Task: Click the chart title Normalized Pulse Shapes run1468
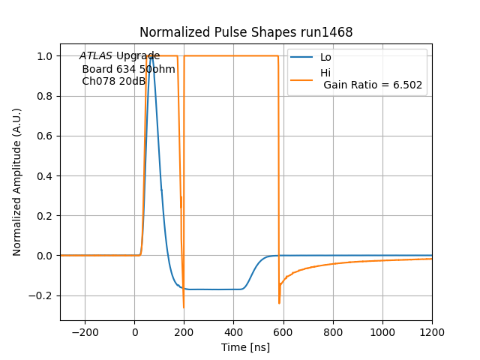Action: [246, 32]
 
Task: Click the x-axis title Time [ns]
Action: [245, 347]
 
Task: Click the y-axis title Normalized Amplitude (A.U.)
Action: [17, 181]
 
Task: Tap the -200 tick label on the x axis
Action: [85, 332]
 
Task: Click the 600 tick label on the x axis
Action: [283, 332]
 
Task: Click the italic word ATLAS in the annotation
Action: [96, 56]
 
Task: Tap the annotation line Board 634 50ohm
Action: [128, 69]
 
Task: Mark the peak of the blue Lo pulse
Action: [151, 56]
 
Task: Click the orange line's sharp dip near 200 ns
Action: [183, 307]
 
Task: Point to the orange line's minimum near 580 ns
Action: [279, 303]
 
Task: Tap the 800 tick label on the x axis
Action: [333, 332]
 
